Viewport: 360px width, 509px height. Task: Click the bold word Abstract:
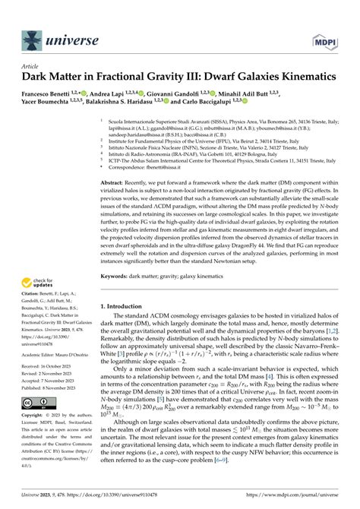pyautogui.click(x=116, y=183)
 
